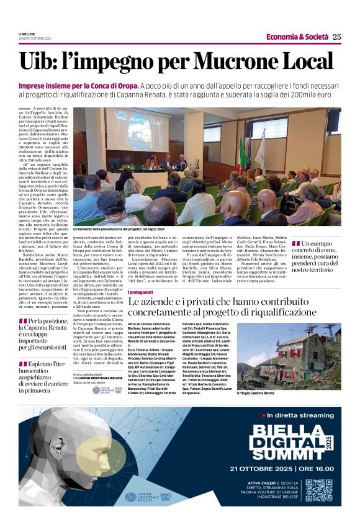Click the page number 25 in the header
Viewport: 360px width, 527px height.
[336, 37]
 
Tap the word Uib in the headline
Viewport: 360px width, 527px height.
[39, 61]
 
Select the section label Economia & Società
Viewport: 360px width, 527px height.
[297, 37]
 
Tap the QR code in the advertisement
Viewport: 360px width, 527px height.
[318, 490]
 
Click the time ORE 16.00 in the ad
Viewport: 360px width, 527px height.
[317, 468]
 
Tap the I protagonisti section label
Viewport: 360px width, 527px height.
[141, 292]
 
